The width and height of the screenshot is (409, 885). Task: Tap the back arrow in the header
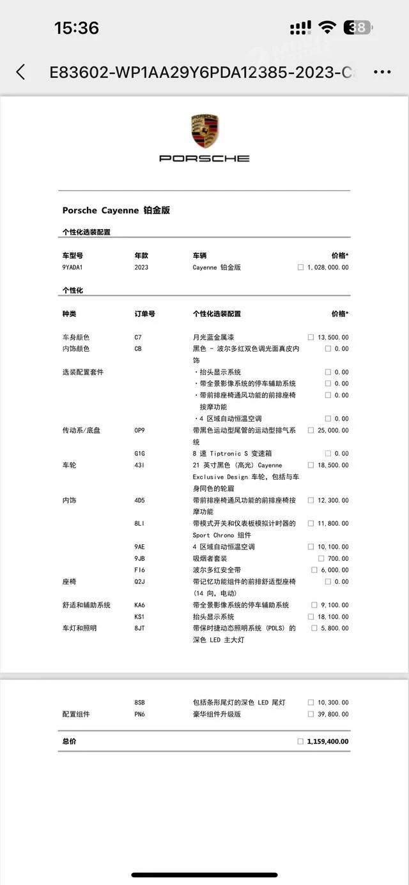pyautogui.click(x=21, y=71)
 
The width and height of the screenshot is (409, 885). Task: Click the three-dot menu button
pyautogui.click(x=382, y=71)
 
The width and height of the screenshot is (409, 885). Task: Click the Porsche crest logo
pyautogui.click(x=204, y=131)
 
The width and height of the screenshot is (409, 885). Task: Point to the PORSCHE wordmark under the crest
pyautogui.click(x=204, y=158)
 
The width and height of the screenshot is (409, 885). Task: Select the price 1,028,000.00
pyautogui.click(x=328, y=267)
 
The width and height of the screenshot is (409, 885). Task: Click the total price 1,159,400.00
pyautogui.click(x=328, y=741)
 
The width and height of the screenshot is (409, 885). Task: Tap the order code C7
pyautogui.click(x=138, y=337)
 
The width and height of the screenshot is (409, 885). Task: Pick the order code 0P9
pyautogui.click(x=139, y=430)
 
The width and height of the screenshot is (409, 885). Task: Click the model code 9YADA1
pyautogui.click(x=73, y=267)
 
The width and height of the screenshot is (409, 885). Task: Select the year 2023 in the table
pyautogui.click(x=141, y=267)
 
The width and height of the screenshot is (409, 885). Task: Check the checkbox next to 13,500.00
pyautogui.click(x=311, y=337)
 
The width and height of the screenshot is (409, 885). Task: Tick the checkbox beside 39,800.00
pyautogui.click(x=311, y=714)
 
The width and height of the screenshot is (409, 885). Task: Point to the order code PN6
pyautogui.click(x=139, y=714)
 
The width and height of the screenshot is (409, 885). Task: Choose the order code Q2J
pyautogui.click(x=139, y=581)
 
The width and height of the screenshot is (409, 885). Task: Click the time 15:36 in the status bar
pyautogui.click(x=77, y=28)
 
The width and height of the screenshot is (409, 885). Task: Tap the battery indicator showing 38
pyautogui.click(x=358, y=27)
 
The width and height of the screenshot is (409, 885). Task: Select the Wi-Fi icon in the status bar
pyautogui.click(x=327, y=27)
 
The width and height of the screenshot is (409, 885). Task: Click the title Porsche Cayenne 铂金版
pyautogui.click(x=116, y=210)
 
